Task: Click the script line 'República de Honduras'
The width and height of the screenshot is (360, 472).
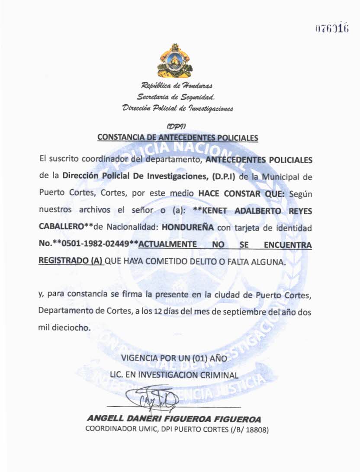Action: coord(177,87)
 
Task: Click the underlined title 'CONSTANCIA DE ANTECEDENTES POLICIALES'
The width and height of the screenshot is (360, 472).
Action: coord(177,138)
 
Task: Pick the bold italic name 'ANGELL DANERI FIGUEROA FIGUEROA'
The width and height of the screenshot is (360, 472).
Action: coord(174,419)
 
